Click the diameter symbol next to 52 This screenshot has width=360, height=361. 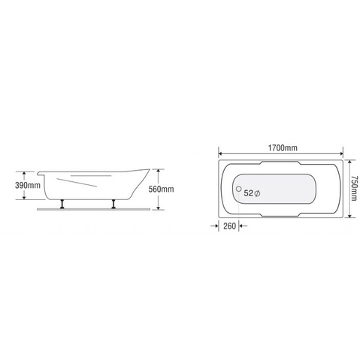[258, 193]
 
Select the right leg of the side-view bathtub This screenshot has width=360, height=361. [113, 204]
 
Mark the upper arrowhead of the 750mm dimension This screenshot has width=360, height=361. [351, 159]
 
